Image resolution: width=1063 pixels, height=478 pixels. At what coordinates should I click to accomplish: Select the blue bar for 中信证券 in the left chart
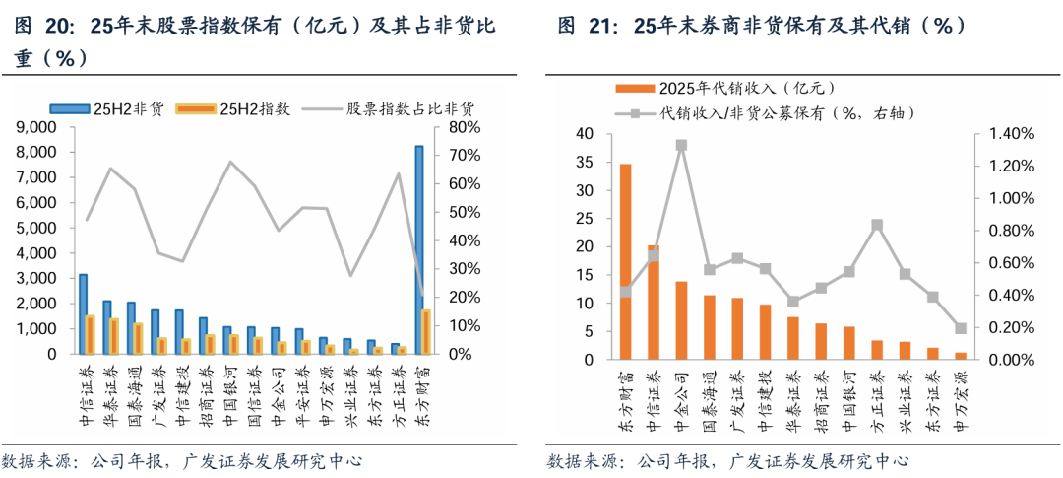point(84,313)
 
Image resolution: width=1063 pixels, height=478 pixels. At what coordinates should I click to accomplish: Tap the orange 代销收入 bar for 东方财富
point(625,261)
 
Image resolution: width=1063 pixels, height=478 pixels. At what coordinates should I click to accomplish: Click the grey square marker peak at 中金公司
point(681,145)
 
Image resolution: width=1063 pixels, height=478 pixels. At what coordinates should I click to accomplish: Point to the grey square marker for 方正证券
point(878,225)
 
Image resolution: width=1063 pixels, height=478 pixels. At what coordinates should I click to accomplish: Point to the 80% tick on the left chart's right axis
point(465,128)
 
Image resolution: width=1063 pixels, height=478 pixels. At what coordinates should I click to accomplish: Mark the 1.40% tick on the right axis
point(1003,134)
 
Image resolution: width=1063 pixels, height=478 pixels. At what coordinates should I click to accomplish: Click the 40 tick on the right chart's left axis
point(585,134)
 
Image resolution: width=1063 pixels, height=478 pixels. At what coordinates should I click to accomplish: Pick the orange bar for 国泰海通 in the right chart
point(710,327)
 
